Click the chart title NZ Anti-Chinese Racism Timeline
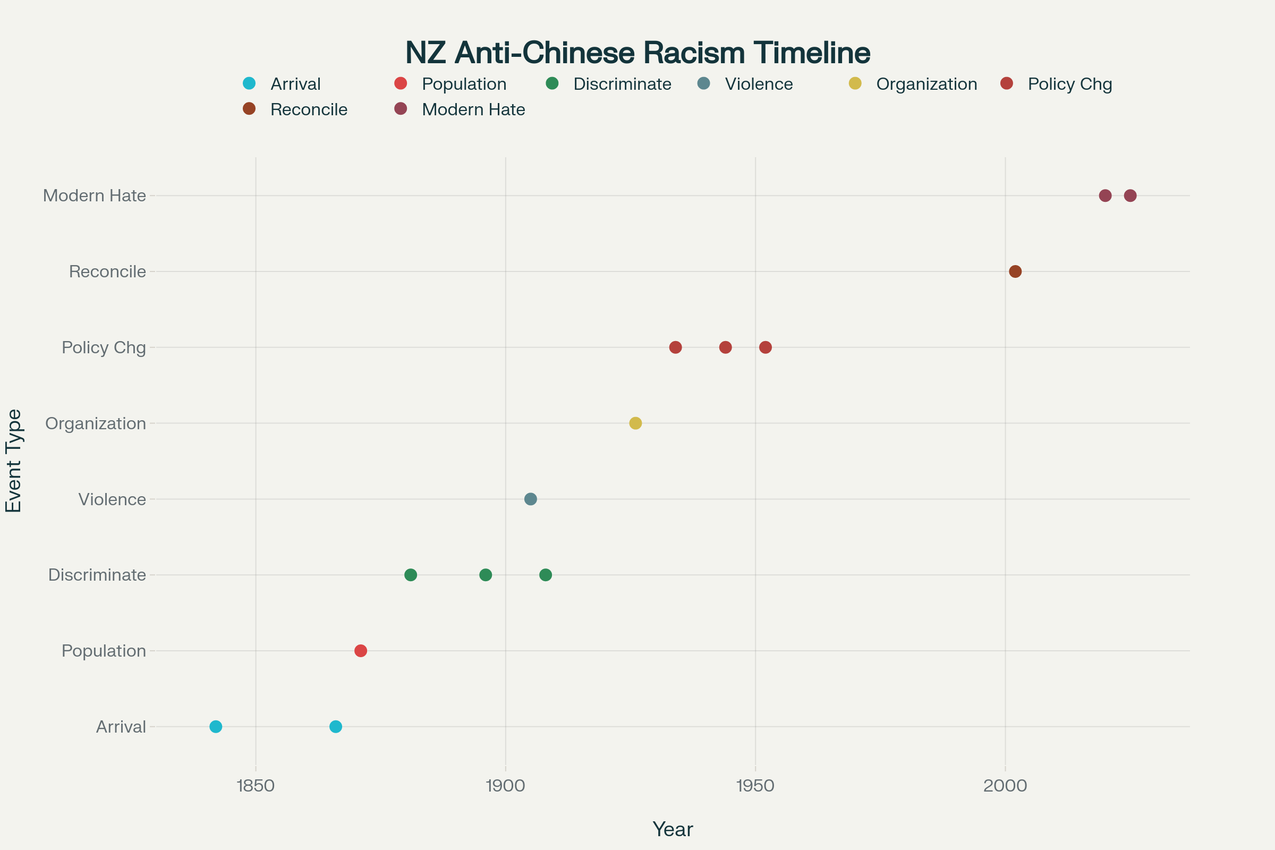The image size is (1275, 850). click(637, 53)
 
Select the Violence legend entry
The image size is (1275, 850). click(759, 84)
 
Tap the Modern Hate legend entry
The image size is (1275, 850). click(473, 109)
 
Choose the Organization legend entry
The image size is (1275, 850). click(926, 84)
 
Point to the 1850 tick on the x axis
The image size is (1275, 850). click(256, 786)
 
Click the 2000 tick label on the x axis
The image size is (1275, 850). click(1005, 786)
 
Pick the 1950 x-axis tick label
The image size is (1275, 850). click(755, 786)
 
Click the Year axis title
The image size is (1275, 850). click(672, 829)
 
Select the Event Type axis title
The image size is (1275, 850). click(14, 460)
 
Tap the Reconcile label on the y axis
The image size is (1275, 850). click(107, 271)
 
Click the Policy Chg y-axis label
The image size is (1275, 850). click(104, 347)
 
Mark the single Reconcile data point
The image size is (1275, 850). click(1015, 271)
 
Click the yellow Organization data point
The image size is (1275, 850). click(635, 423)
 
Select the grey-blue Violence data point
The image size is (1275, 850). click(531, 499)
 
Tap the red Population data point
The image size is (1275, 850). click(361, 650)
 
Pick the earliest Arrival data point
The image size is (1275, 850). click(216, 726)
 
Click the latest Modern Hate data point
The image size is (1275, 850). click(1130, 195)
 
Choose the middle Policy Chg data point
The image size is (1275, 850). click(725, 347)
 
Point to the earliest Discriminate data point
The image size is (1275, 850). click(411, 575)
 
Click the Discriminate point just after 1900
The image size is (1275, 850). click(546, 575)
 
